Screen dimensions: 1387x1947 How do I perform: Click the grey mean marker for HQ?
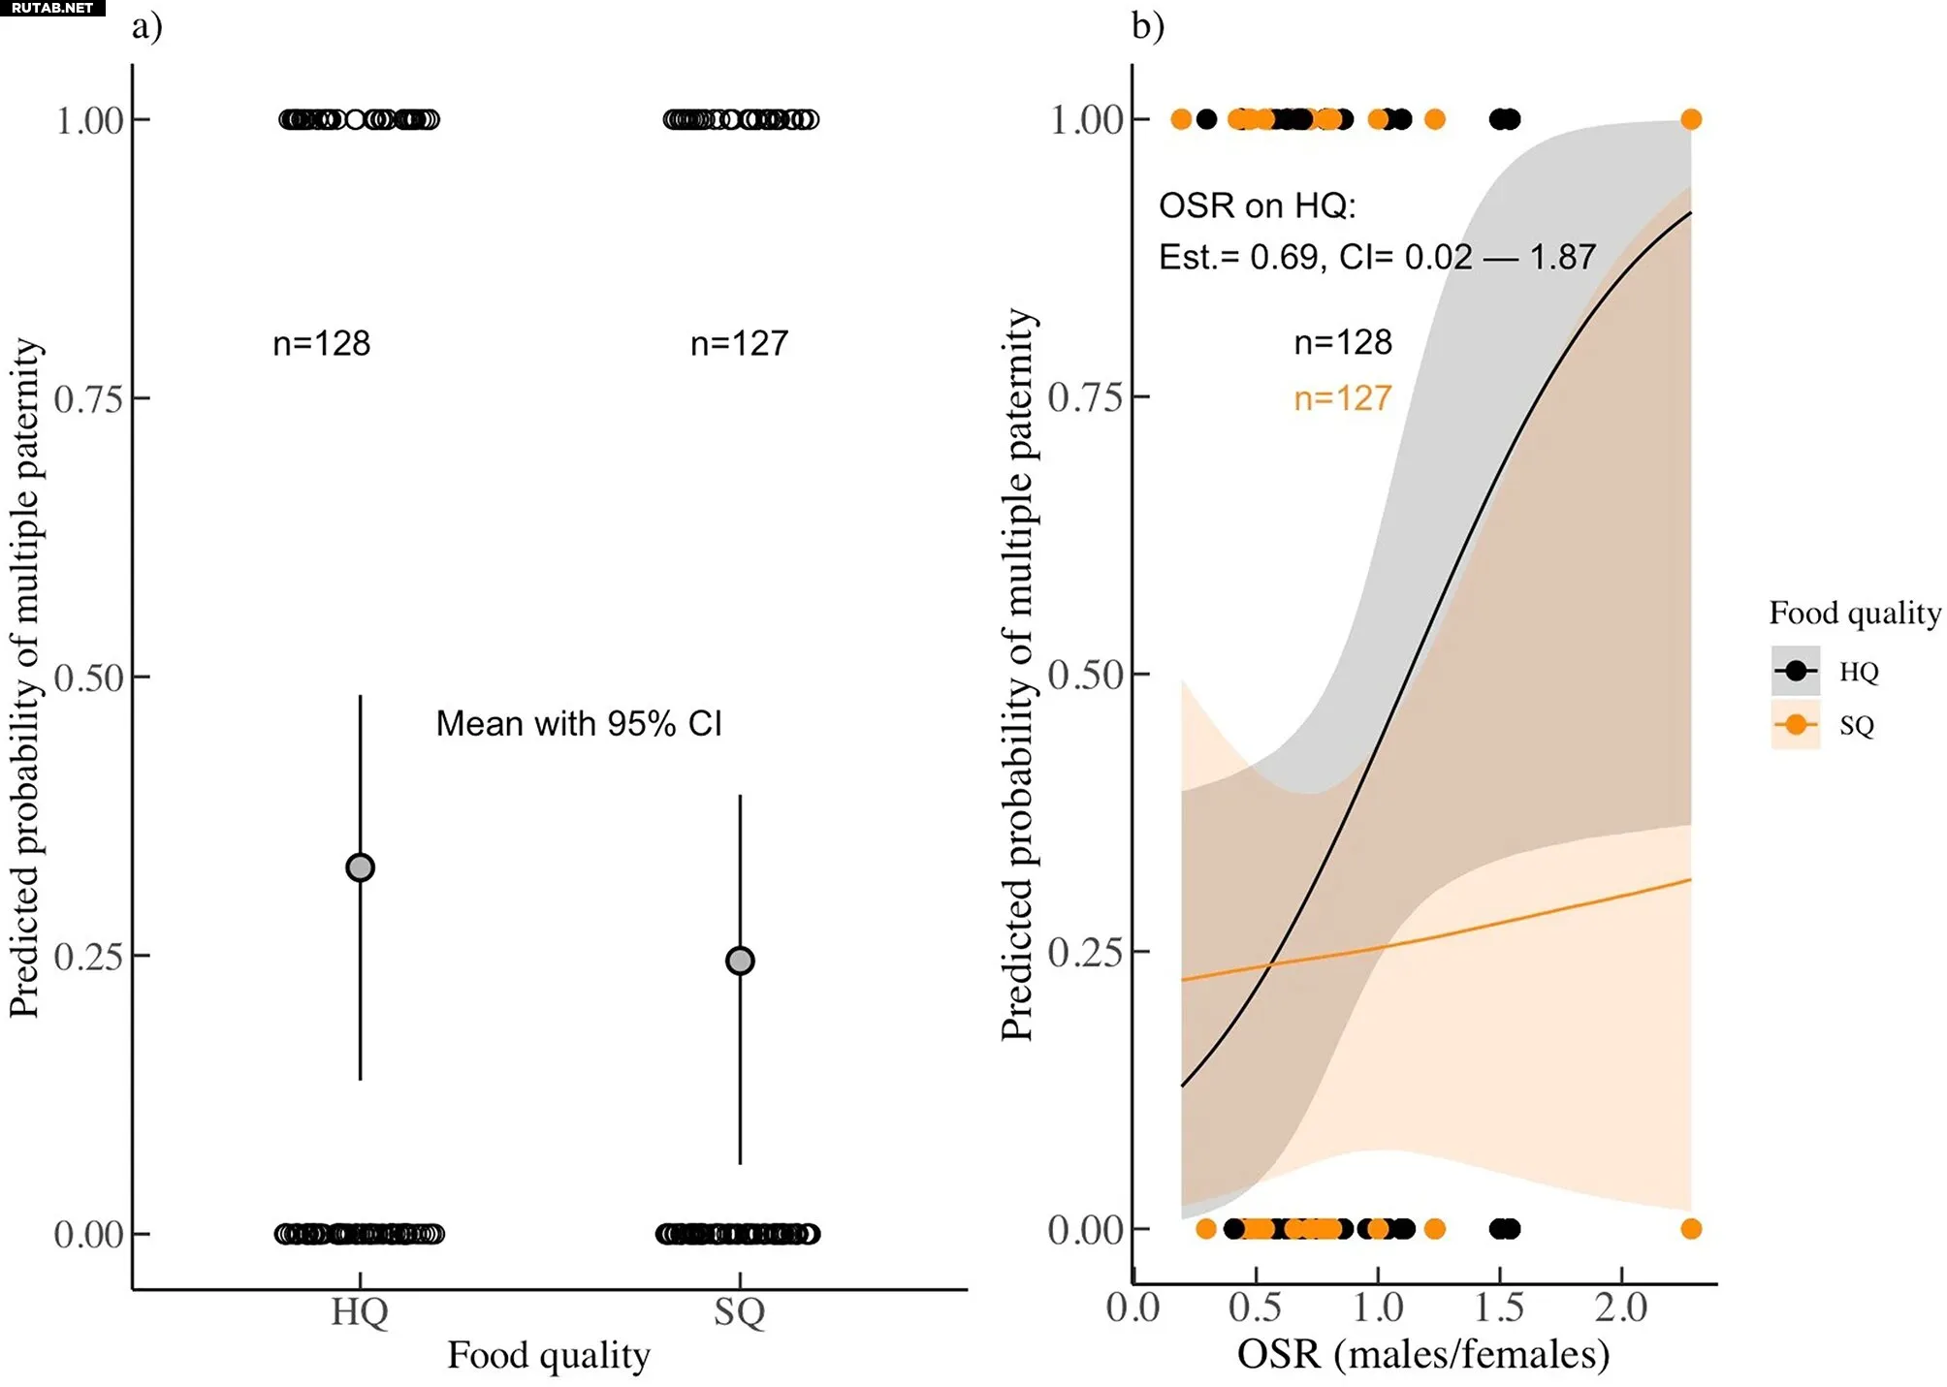360,867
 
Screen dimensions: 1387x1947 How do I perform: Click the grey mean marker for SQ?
740,961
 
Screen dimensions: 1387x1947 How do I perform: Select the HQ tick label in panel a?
360,1311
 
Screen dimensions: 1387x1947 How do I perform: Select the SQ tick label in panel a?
740,1311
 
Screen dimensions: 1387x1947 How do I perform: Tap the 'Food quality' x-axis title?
549,1355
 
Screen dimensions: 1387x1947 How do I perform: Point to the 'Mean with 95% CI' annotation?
579,724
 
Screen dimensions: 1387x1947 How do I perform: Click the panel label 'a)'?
147,26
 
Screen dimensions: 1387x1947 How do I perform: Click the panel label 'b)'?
1148,26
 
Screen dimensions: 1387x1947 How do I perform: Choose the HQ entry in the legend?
1859,672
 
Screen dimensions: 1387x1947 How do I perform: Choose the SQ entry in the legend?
1857,725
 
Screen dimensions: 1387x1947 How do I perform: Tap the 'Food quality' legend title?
1855,613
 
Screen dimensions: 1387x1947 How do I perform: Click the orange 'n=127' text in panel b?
1343,398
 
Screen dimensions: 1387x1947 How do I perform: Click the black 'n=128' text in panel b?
1343,342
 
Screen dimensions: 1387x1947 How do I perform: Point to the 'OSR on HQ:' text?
1258,205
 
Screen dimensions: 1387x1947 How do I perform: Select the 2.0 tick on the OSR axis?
1621,1308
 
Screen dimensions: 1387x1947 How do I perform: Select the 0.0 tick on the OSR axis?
1133,1308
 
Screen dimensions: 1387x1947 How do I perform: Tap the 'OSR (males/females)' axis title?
1423,1354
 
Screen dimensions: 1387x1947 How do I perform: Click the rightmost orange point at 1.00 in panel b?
1691,119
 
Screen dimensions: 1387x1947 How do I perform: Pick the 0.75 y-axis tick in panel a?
89,398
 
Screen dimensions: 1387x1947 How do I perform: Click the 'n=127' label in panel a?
739,343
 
